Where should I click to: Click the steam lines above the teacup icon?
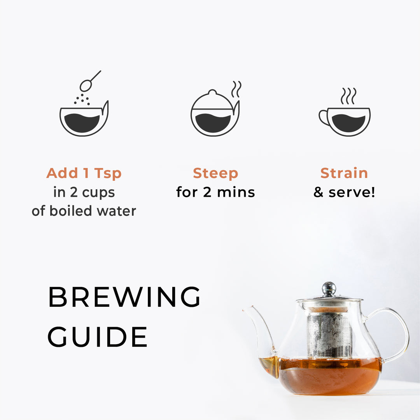tap(348, 96)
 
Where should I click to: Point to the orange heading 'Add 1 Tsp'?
tap(84, 173)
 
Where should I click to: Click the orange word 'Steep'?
tap(215, 173)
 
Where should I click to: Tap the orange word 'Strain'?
tap(344, 173)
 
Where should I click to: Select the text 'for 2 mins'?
tap(215, 192)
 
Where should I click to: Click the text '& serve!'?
tap(344, 192)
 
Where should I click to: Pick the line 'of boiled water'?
tap(84, 211)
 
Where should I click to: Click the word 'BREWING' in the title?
tap(124, 297)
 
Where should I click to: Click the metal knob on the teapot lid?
tap(329, 289)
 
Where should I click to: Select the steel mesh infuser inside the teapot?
tap(329, 334)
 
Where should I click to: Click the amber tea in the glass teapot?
tap(331, 377)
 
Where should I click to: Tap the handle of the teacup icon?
tap(323, 117)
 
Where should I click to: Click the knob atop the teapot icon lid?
tap(212, 92)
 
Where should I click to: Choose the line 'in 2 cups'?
tap(84, 192)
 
